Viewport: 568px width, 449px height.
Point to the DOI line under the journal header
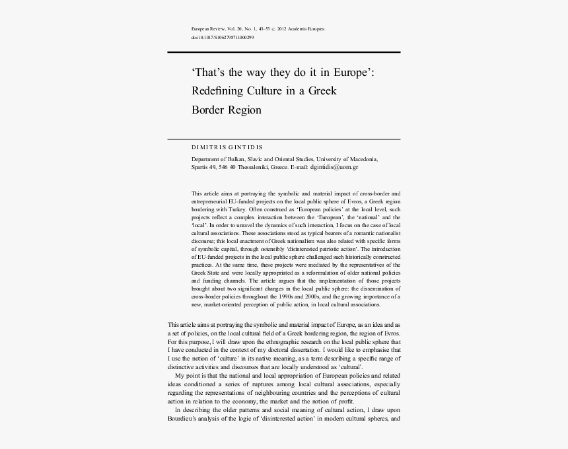pos(222,38)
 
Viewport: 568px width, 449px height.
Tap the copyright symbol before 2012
pos(273,29)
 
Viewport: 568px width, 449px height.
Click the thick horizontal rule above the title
pos(284,52)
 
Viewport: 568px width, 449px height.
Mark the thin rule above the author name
pos(284,139)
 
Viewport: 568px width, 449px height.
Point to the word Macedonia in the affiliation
pos(361,159)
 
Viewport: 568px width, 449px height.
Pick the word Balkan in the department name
pos(238,159)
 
